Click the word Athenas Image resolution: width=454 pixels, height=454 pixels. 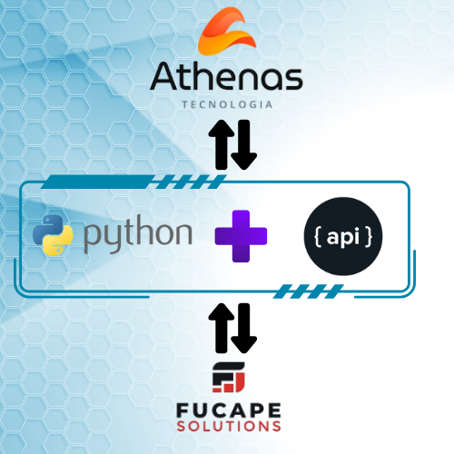[226, 76]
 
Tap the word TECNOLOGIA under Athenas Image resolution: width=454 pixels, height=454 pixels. [227, 104]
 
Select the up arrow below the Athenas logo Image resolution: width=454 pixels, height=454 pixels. [222, 144]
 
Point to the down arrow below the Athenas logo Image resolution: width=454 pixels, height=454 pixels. [244, 144]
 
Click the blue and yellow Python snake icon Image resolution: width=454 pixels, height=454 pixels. [53, 235]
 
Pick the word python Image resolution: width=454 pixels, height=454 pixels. [138, 233]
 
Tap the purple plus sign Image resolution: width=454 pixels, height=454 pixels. [241, 236]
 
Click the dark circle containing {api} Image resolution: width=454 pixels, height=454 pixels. [343, 236]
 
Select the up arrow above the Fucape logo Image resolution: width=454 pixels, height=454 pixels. [222, 328]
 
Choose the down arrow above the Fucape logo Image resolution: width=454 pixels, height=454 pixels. [244, 328]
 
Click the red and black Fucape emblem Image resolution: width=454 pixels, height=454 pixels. [229, 377]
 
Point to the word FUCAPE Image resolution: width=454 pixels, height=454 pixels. [229, 410]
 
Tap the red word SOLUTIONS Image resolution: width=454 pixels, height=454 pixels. [229, 426]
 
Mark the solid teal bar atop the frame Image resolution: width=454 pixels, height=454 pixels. [96, 182]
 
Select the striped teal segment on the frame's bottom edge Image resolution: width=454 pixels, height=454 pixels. [308, 291]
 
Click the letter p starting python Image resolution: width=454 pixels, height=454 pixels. [94, 238]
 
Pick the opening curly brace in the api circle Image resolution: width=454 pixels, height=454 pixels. [318, 236]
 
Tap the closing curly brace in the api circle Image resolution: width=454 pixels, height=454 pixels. [369, 236]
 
